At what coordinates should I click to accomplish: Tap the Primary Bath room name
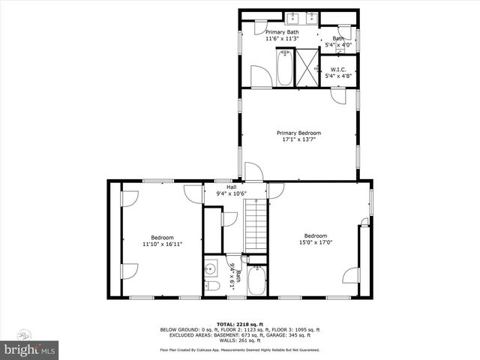(281, 32)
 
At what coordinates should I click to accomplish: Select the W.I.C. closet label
(337, 70)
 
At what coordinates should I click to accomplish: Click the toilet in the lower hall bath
(211, 286)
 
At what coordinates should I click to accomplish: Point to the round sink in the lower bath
(210, 268)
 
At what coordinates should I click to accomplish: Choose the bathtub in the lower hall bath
(256, 282)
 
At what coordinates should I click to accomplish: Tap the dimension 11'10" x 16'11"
(162, 244)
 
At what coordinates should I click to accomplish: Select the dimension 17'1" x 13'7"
(298, 139)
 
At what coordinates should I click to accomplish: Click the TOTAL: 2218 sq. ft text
(239, 324)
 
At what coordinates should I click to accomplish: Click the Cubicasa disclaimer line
(239, 349)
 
